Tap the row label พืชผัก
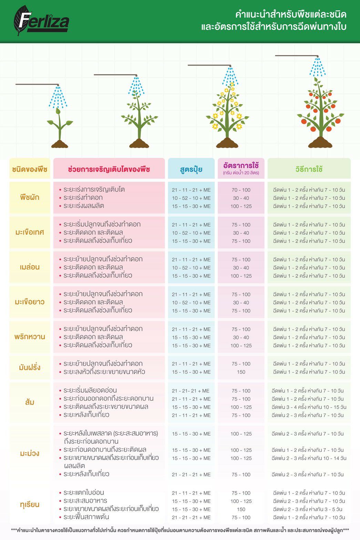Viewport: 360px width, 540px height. point(30,197)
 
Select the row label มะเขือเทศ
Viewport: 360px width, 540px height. point(30,232)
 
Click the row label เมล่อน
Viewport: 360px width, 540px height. point(30,267)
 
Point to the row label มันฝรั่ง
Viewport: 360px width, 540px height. point(30,367)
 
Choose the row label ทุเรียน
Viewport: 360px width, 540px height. point(30,505)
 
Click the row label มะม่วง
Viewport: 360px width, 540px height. point(30,454)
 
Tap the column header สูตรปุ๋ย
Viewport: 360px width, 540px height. point(191,169)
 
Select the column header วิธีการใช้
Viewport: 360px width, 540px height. point(309,169)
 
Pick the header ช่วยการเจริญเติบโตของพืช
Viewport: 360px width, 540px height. point(109,169)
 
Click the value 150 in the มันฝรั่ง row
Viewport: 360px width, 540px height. point(241,372)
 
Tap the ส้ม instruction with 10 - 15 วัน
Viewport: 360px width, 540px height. point(309,407)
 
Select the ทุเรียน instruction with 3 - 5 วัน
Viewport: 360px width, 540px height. point(309,509)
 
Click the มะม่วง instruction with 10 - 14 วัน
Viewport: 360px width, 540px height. point(309,458)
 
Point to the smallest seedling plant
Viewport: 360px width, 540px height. point(60,128)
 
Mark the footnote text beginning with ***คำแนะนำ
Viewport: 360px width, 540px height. point(180,530)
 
